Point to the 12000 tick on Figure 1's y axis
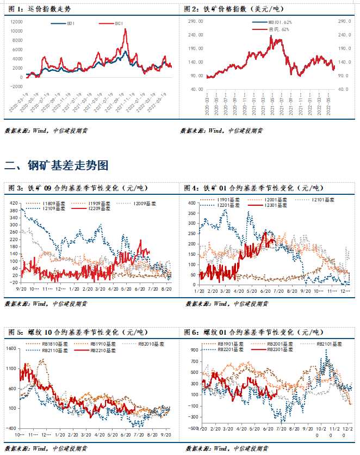pyautogui.click(x=16, y=21)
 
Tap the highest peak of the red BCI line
pyautogui.click(x=126, y=29)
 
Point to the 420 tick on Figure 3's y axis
pyautogui.click(x=14, y=202)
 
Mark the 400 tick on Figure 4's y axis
pyautogui.click(x=191, y=202)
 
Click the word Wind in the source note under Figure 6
pyautogui.click(x=216, y=448)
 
